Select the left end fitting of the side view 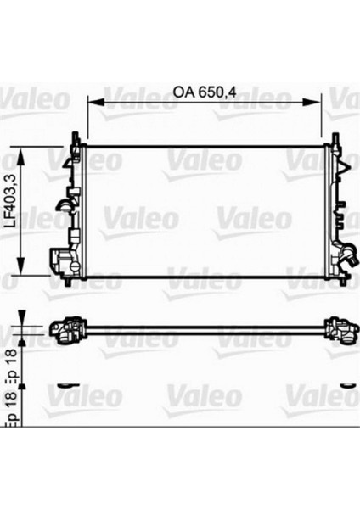(70, 328)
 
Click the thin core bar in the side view (204, 327)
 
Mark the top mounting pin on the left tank (76, 137)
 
